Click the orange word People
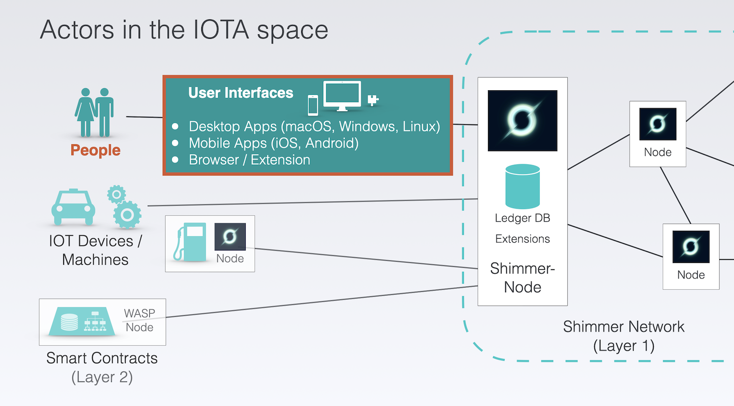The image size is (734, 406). click(x=95, y=150)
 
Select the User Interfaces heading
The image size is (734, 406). click(x=241, y=93)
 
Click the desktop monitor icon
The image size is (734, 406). click(x=342, y=96)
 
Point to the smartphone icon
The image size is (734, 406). click(x=313, y=105)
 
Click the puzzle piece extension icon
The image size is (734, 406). click(x=373, y=100)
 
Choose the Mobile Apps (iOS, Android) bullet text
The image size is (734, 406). click(x=274, y=143)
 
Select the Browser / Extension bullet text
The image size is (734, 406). click(x=249, y=160)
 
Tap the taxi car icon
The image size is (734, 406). click(x=73, y=207)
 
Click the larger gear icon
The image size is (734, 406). click(x=127, y=215)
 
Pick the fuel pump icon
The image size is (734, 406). click(x=190, y=242)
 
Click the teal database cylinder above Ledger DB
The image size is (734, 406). click(x=522, y=186)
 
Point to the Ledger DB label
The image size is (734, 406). click(x=522, y=218)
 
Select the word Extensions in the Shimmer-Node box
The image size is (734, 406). click(x=522, y=239)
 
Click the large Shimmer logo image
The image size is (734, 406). click(x=522, y=121)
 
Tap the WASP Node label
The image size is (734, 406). click(x=139, y=320)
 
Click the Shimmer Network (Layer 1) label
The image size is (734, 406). click(x=623, y=336)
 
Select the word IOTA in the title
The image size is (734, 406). click(x=221, y=30)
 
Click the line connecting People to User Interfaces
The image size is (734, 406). click(x=145, y=117)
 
